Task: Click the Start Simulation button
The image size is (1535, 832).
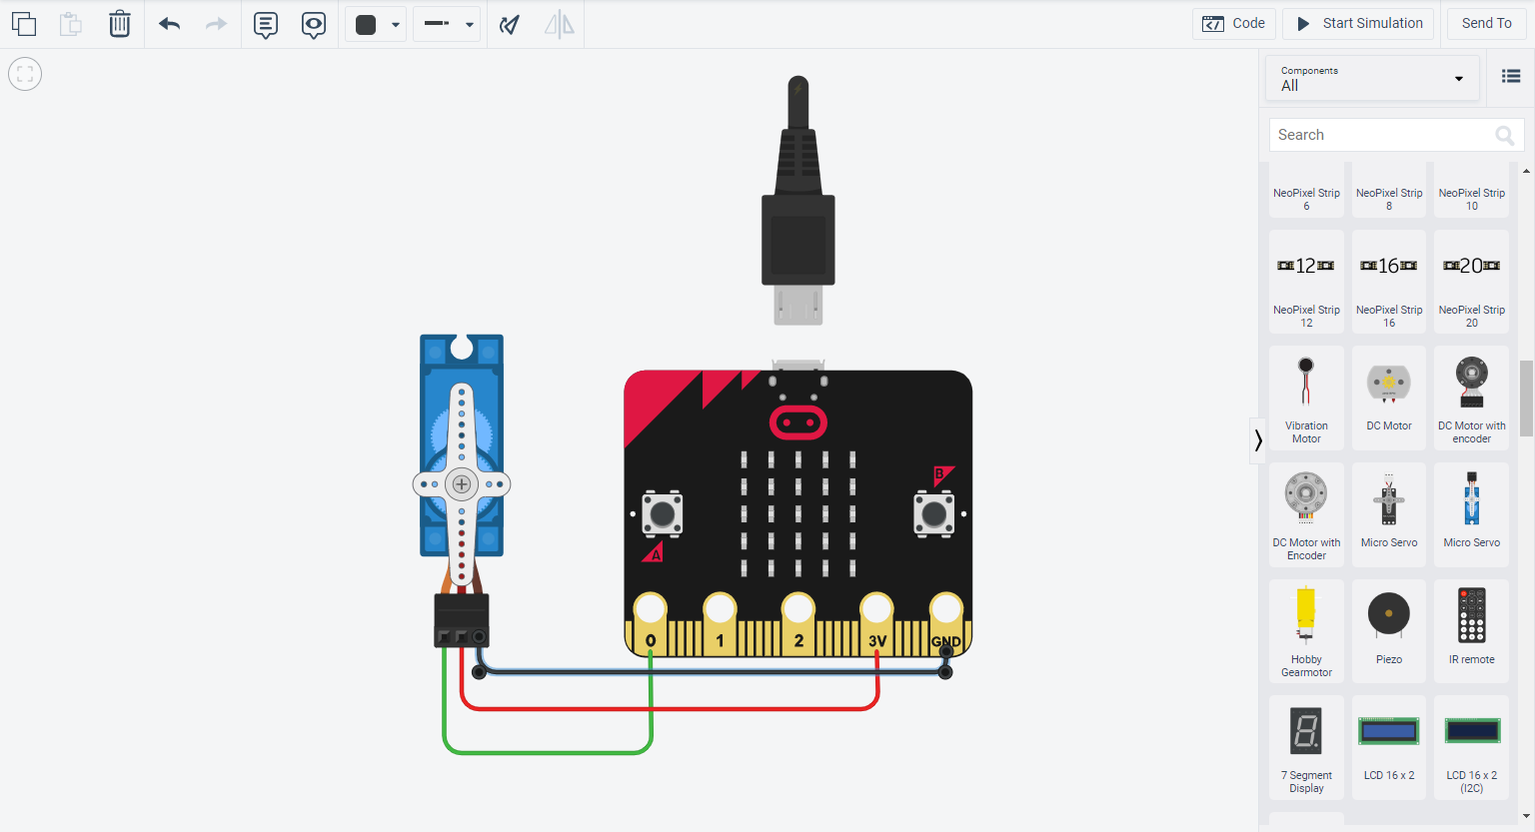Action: tap(1358, 24)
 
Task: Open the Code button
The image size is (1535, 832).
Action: tap(1233, 24)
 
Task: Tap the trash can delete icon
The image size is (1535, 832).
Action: tap(120, 24)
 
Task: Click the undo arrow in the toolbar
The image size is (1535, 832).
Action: tap(169, 24)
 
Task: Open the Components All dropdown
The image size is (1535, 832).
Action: tap(1372, 79)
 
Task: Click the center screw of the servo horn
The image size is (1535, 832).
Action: tap(462, 484)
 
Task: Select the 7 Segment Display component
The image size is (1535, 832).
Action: tap(1306, 746)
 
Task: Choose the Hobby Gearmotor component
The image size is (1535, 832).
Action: tap(1306, 631)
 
